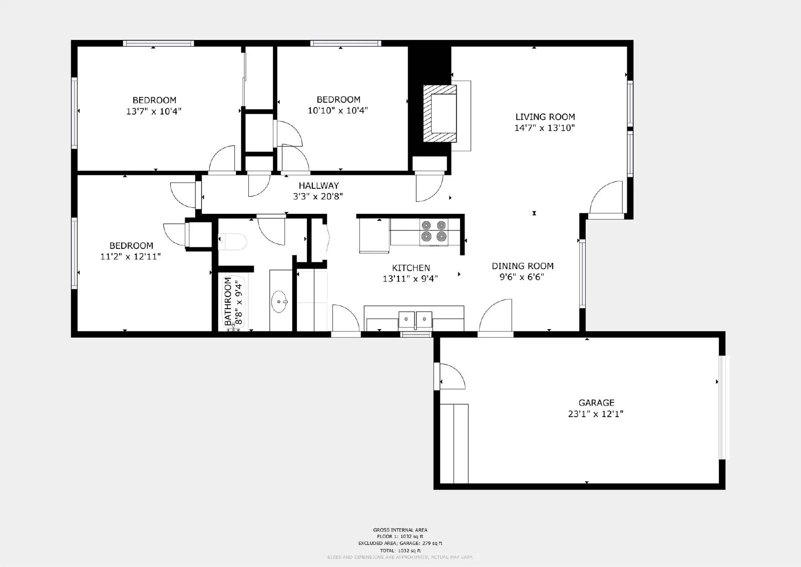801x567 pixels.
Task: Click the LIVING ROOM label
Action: point(545,117)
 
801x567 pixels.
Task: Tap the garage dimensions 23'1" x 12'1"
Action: point(595,414)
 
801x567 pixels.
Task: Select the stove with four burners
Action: point(434,231)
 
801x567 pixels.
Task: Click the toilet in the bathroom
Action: point(234,242)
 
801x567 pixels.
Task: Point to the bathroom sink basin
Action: point(279,302)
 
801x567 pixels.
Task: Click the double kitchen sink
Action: point(415,319)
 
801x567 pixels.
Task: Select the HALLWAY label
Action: point(318,185)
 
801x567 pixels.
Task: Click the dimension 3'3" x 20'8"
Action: point(318,196)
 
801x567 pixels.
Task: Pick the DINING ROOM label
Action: point(522,266)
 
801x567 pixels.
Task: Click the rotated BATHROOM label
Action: point(228,302)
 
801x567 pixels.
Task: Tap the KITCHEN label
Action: point(411,268)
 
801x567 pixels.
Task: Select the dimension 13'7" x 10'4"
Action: point(154,111)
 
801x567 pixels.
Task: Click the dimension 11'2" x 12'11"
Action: point(130,256)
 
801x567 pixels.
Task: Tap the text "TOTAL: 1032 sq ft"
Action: point(400,550)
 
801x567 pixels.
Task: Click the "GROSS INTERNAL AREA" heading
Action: point(400,529)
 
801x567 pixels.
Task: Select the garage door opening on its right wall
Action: point(722,407)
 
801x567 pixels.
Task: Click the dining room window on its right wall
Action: point(582,273)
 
